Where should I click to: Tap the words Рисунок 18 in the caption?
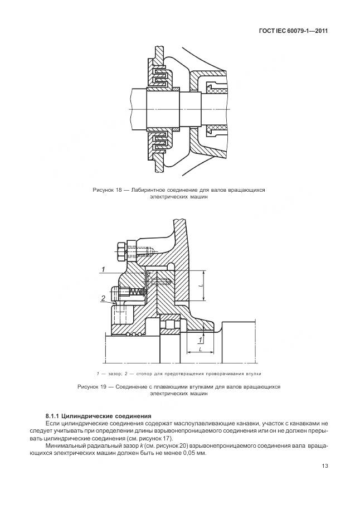[107, 190]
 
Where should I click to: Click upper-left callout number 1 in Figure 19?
[104, 270]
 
